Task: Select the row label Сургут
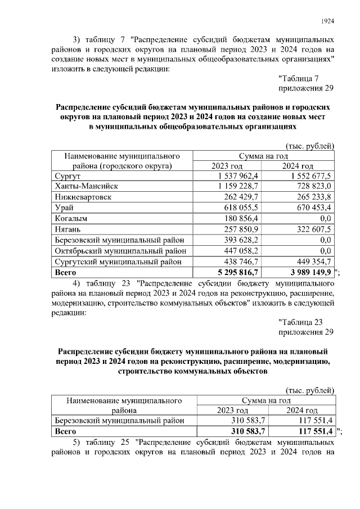click(x=67, y=176)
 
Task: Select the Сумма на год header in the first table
click(x=263, y=155)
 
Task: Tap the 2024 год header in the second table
click(x=300, y=411)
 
